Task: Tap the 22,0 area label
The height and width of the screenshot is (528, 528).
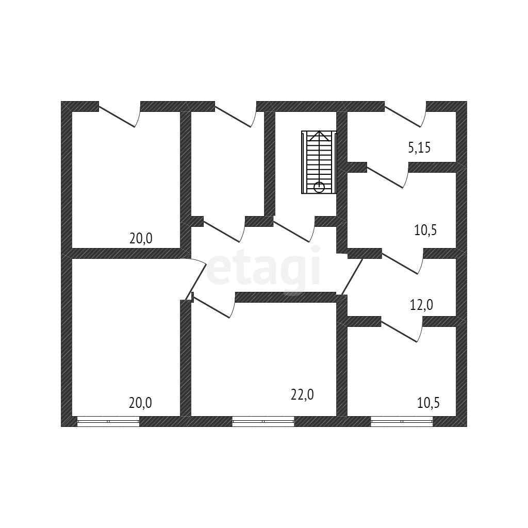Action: (302, 395)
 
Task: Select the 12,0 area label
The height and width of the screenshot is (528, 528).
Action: (421, 305)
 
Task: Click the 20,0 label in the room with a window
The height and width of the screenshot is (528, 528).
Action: (140, 403)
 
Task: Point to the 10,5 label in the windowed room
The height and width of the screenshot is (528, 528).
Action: (428, 403)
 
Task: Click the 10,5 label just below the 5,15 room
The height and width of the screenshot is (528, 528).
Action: (425, 230)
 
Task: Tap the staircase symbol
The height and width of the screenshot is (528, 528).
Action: (319, 162)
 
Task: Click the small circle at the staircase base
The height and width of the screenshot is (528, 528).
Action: (319, 187)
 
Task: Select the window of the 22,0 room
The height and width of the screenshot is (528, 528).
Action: (263, 421)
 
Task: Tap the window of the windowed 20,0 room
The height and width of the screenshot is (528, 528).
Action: (108, 421)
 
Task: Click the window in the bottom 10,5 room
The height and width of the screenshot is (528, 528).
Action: (402, 421)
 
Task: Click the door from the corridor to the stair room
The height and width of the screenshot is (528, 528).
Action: (294, 230)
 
